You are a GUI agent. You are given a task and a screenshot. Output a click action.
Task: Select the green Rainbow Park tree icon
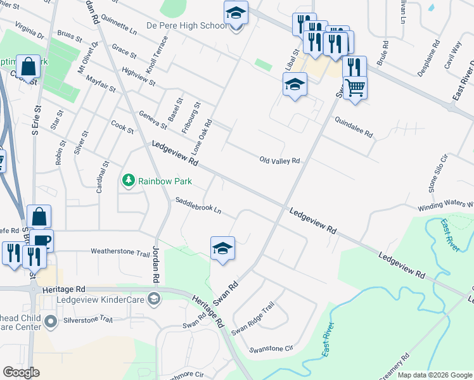pos(129,181)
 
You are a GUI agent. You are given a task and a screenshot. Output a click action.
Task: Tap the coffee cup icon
pos(42,241)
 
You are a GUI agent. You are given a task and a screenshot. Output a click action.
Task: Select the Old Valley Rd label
pos(279,161)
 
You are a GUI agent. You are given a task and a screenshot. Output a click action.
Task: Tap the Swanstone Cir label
pos(272,348)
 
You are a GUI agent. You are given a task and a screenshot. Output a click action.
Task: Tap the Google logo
pos(21,372)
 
